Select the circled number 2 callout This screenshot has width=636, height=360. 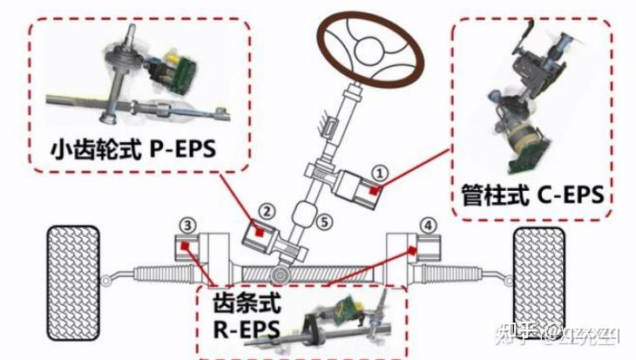coord(267,210)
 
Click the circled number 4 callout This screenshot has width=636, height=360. coord(427,225)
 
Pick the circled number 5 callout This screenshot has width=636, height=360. coord(325,221)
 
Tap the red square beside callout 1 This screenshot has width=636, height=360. coord(373,188)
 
